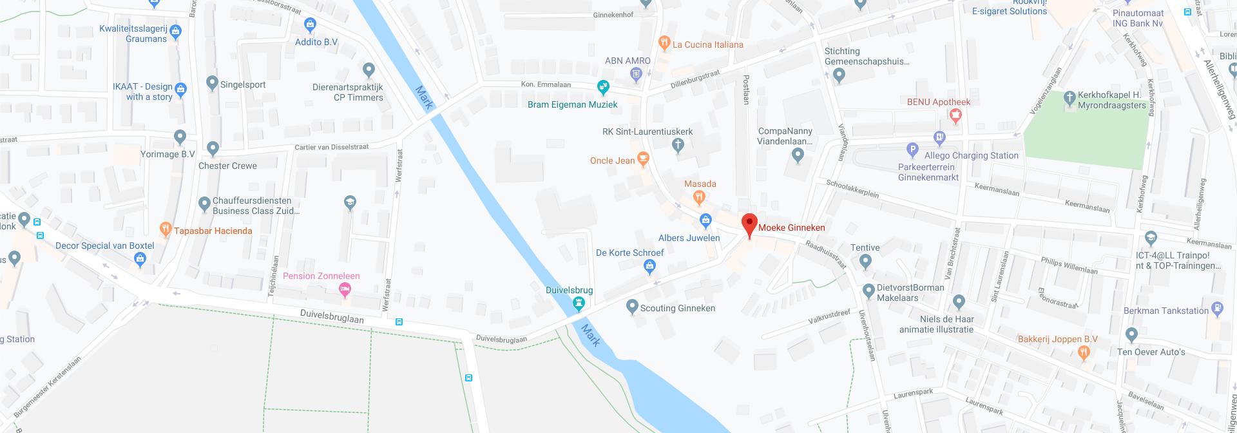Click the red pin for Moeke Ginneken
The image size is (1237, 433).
749,225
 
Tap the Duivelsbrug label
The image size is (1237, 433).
569,291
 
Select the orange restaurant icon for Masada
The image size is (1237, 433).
698,197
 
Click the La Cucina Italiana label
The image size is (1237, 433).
707,44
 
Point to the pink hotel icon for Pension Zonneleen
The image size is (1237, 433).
345,289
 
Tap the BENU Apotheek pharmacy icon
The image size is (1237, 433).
955,115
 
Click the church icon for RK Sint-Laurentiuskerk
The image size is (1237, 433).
677,145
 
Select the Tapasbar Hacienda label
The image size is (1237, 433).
213,231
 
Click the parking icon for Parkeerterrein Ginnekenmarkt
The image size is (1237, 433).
912,149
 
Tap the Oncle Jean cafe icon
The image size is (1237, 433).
642,159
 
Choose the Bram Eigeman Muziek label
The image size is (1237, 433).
572,104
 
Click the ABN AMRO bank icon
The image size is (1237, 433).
636,75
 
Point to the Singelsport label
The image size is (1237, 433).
243,84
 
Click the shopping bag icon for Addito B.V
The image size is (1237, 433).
310,26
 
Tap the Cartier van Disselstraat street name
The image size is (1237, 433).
332,147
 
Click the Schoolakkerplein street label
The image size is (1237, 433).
852,189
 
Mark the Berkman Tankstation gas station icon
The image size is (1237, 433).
1217,309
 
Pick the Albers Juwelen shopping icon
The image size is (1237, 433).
705,221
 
